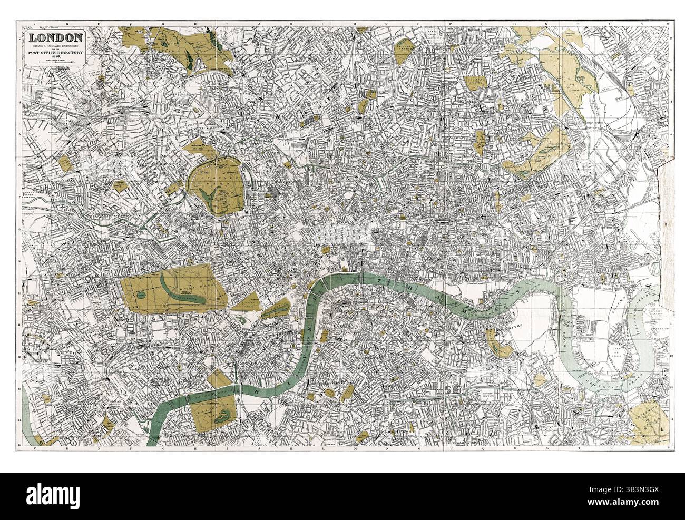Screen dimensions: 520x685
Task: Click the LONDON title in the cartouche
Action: [x=55, y=38]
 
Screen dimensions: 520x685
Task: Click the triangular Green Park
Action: [x=248, y=302]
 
